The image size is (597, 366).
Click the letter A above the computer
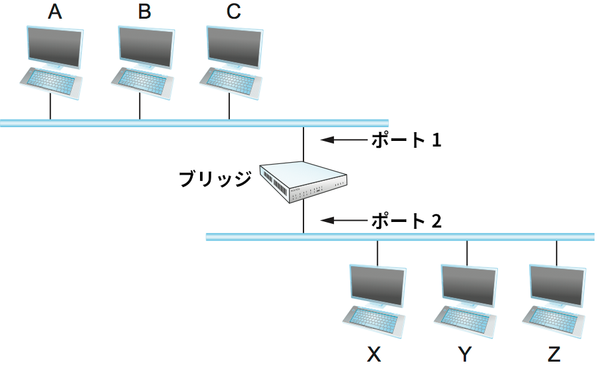point(55,12)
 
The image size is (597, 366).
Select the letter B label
point(144,12)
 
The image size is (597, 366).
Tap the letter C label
point(234,12)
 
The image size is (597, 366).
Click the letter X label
point(374,355)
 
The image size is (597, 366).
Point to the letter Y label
point(465,355)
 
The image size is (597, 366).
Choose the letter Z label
point(554,355)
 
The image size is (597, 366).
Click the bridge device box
point(303,181)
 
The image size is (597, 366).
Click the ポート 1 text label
point(406,140)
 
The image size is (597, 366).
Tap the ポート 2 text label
point(406,220)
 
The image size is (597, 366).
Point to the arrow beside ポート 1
point(343,140)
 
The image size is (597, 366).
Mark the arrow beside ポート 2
point(343,220)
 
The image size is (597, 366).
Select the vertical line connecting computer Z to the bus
point(556,252)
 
